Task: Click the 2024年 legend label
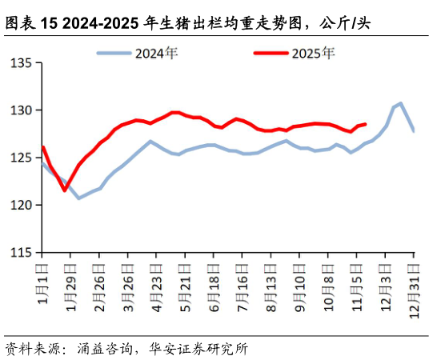[156, 54]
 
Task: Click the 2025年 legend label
[313, 54]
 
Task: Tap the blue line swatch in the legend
[114, 54]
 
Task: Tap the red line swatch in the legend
[271, 54]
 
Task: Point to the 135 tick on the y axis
[22, 62]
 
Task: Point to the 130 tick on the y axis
[22, 110]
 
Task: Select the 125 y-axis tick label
[22, 158]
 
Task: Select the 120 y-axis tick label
[22, 205]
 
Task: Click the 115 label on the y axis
[22, 252]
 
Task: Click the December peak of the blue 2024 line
[400, 103]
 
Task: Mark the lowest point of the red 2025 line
[65, 190]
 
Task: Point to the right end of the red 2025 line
[365, 124]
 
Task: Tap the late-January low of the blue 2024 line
[78, 198]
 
